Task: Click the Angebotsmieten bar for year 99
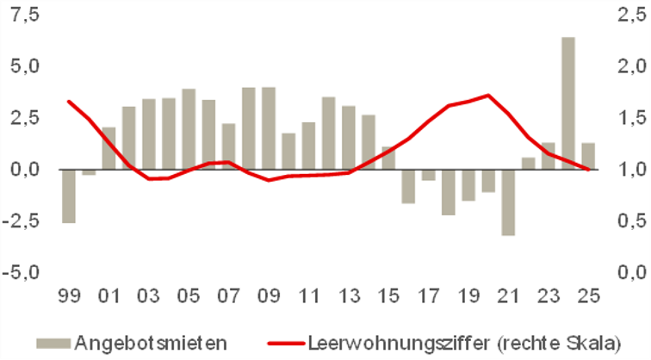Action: point(67,196)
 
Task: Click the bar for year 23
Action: point(548,156)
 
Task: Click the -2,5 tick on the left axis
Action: point(23,220)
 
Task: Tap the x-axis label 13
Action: point(349,299)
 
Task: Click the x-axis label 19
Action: point(468,299)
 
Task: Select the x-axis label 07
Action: point(228,299)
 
